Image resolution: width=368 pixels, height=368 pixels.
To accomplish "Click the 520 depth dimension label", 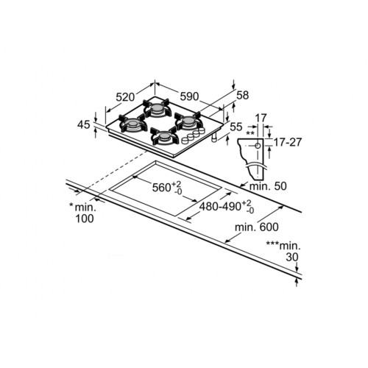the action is (125, 97).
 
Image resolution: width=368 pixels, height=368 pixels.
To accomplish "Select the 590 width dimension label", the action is (189, 96).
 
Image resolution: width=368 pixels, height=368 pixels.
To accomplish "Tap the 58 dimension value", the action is (243, 95).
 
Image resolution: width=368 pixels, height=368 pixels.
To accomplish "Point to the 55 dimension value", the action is (236, 127).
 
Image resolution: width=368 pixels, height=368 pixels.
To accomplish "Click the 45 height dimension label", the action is (84, 125).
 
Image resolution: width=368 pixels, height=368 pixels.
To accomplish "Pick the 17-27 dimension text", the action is (287, 142).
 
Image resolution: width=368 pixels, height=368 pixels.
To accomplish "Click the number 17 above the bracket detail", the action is (261, 118).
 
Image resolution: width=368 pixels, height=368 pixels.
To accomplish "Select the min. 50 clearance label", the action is (268, 186).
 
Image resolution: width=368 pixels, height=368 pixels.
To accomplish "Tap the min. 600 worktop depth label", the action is (257, 227).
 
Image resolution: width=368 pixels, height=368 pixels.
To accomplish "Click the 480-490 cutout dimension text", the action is (226, 207).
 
